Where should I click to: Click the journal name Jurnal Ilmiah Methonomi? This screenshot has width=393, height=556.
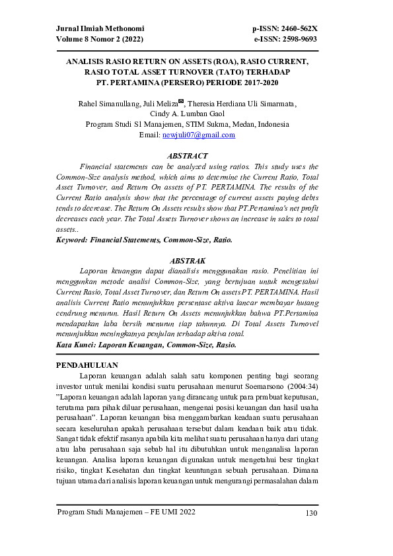pos(100,29)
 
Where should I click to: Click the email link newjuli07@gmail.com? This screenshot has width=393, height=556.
pos(199,135)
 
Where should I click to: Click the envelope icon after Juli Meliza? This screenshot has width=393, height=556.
pos(181,101)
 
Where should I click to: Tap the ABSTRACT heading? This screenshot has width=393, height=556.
pos(188,156)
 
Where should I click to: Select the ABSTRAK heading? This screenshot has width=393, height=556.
pos(188,261)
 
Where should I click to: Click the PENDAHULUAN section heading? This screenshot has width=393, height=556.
pos(87,365)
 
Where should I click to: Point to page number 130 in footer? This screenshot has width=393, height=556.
pos(312,513)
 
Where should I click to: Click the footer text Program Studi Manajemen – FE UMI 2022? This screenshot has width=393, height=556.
pos(126,513)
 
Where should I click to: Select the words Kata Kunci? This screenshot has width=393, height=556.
pos(73,345)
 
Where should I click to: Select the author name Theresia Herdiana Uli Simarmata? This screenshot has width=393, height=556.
pos(242,104)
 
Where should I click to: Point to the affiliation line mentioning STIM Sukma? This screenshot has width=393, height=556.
pos(188,124)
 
